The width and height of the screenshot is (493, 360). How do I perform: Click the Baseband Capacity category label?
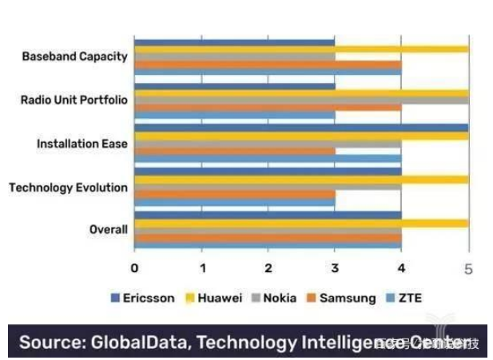[x=74, y=57]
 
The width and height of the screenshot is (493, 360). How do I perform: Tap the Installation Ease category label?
[x=82, y=144]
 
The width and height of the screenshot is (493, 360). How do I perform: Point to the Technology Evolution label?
[x=68, y=188]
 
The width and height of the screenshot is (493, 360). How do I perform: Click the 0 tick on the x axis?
[x=134, y=268]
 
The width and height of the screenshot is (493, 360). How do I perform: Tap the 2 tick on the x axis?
[x=268, y=268]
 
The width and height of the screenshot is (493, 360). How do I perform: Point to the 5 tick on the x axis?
[x=468, y=268]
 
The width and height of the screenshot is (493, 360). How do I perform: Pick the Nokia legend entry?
[x=279, y=298]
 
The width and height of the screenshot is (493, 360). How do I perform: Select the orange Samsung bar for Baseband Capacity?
[x=268, y=65]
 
